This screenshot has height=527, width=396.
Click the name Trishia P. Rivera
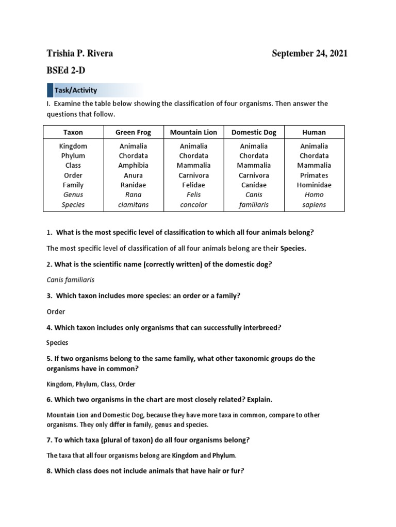pos(79,54)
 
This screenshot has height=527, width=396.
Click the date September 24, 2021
pos(309,54)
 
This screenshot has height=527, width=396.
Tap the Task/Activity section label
pos(76,90)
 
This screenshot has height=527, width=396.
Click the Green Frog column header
pos(133,132)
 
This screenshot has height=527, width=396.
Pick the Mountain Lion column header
pos(193,132)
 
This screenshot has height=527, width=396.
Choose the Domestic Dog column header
pos(254,132)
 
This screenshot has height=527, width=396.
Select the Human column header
pos(314,132)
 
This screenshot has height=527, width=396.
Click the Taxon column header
pos(73,132)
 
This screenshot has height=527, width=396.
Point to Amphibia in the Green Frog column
pos(133,166)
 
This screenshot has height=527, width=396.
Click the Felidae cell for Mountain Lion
pos(193,185)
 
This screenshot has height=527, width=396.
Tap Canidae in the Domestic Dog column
pos(254,185)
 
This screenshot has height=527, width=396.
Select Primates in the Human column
pos(314,175)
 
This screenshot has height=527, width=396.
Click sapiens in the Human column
pos(314,205)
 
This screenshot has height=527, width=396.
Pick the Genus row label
pos(73,195)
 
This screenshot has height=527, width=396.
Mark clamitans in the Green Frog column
pos(133,205)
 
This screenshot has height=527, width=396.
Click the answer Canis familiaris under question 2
pos(70,280)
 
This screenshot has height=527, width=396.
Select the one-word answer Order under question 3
pos(56,311)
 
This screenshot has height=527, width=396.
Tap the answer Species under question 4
pos(57,343)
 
